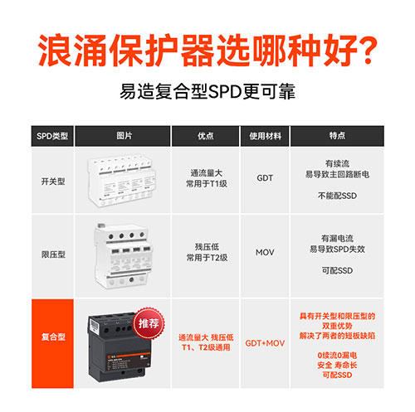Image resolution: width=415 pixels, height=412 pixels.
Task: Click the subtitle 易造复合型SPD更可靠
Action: tap(207, 90)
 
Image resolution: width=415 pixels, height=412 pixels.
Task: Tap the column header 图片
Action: tap(124, 135)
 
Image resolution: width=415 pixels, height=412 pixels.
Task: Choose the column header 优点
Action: tap(204, 135)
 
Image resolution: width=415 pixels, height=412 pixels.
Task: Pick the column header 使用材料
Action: tap(265, 135)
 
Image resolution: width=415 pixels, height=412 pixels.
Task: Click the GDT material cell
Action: tap(265, 177)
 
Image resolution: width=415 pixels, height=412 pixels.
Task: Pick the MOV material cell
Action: tap(265, 252)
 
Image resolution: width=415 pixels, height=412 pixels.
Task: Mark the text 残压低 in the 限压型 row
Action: tap(204, 246)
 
